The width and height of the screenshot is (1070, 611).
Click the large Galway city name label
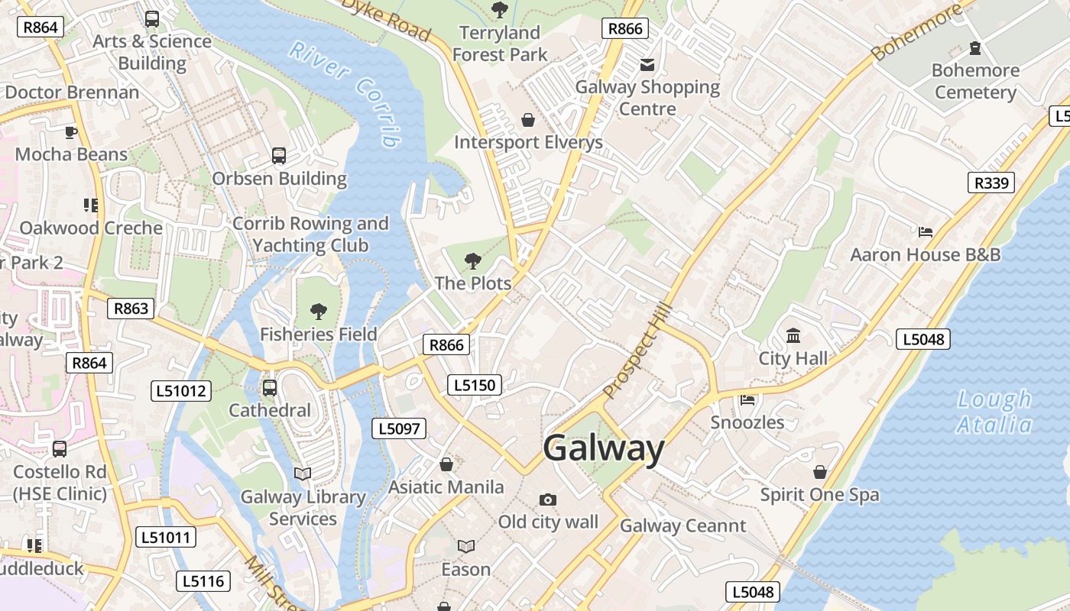coord(604,449)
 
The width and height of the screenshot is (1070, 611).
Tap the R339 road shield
coord(991,183)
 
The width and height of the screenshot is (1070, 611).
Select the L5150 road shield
coord(475,385)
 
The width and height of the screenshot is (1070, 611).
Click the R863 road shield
coord(131,309)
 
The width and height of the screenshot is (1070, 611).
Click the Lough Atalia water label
coord(995,412)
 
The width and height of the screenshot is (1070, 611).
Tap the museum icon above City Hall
coord(793,336)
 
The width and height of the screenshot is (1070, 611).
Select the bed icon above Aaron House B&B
coord(926,231)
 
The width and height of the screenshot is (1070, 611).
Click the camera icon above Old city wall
coord(548,499)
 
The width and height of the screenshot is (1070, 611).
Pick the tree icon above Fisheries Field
coord(318,311)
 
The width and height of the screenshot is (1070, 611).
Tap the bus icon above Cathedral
coord(270,387)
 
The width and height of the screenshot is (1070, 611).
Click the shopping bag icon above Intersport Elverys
coord(527,120)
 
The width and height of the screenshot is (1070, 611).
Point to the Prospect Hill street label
coord(637,351)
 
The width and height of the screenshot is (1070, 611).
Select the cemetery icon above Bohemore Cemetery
coord(975,48)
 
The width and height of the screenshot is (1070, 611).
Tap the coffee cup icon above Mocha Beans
coord(71,132)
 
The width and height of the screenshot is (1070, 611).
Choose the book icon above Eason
coord(466,546)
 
